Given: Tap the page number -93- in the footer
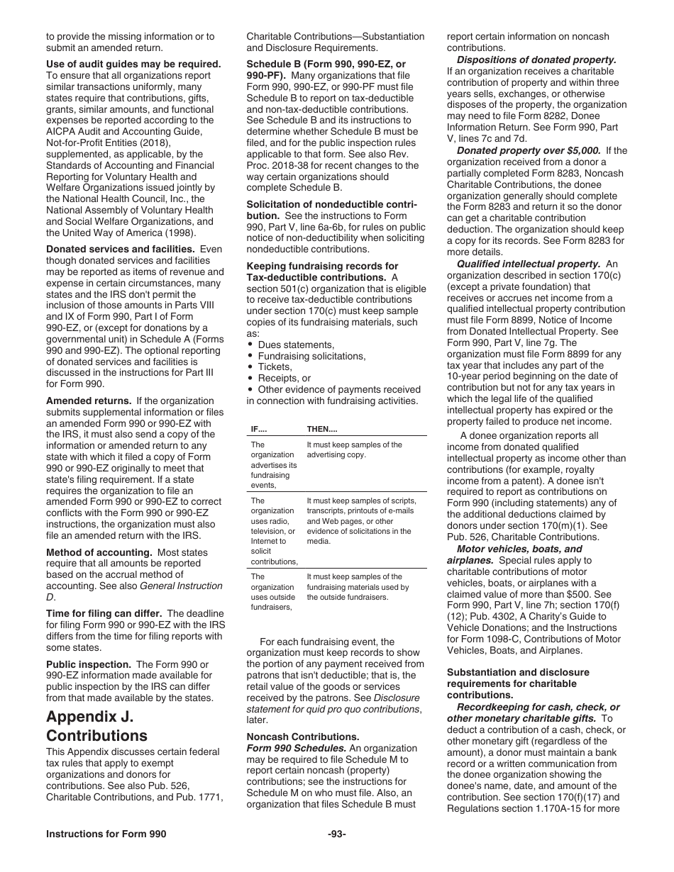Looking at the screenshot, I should point(337,834).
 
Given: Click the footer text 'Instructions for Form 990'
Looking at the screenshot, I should point(106,834).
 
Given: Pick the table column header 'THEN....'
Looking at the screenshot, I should point(322,429).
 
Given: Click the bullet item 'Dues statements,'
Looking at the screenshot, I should point(296,345).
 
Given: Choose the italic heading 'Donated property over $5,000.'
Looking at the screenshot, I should point(529,150).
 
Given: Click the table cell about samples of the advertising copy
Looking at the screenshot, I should point(354,449).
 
